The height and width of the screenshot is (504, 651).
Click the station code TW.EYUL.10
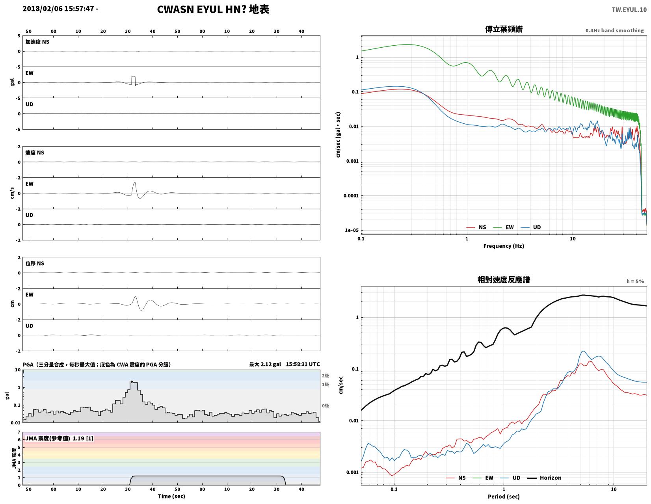[629, 9]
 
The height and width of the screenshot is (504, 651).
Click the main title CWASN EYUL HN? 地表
[213, 9]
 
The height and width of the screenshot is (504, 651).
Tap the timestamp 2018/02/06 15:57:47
[58, 8]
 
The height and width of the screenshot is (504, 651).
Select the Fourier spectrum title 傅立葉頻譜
[503, 29]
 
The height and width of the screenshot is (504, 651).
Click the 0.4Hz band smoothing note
[614, 30]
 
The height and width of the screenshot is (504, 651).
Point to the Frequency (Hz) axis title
[503, 246]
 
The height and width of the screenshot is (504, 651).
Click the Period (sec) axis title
[503, 496]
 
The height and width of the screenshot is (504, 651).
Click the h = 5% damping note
[635, 281]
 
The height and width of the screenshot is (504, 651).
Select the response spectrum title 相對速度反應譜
[503, 280]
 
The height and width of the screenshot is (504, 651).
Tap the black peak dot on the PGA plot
[132, 381]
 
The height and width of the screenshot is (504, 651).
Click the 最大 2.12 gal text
[265, 364]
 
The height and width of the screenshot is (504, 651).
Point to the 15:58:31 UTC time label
[303, 364]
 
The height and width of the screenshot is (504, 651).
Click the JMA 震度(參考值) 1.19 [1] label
[59, 438]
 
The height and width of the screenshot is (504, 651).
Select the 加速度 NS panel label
[37, 42]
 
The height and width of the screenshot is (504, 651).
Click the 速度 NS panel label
[34, 153]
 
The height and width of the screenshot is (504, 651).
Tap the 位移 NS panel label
[34, 263]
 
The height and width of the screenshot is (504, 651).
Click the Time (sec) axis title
[171, 496]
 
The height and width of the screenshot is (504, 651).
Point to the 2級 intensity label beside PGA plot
[325, 376]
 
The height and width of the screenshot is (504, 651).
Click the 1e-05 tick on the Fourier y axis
[352, 230]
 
